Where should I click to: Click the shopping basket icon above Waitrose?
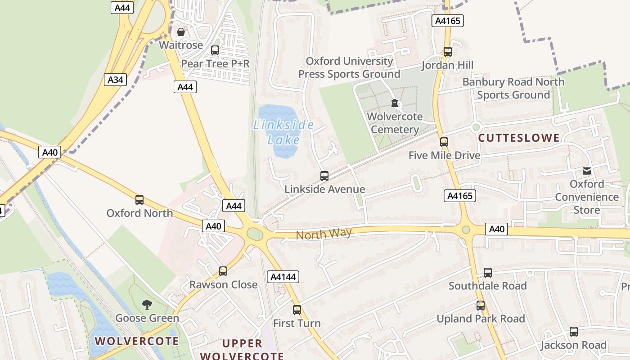click(x=180, y=32)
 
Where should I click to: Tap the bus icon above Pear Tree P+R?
click(x=215, y=50)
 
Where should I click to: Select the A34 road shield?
click(x=115, y=80)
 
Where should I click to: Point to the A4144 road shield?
click(x=283, y=277)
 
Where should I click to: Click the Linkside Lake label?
click(x=283, y=132)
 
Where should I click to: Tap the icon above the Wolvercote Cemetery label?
click(x=395, y=103)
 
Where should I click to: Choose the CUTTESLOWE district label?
click(x=519, y=138)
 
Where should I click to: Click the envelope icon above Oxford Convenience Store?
click(x=587, y=171)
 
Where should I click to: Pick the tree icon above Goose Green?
click(x=147, y=305)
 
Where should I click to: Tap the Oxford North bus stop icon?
click(x=139, y=199)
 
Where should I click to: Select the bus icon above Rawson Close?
click(x=223, y=271)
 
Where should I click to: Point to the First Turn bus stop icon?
click(x=297, y=310)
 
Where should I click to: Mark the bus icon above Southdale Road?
click(x=488, y=272)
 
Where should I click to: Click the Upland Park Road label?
click(x=481, y=319)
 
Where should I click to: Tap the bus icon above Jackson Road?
click(x=573, y=332)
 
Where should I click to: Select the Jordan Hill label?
click(x=447, y=65)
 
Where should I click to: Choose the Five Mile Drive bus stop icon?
click(x=444, y=142)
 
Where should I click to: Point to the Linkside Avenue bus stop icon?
click(x=324, y=175)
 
